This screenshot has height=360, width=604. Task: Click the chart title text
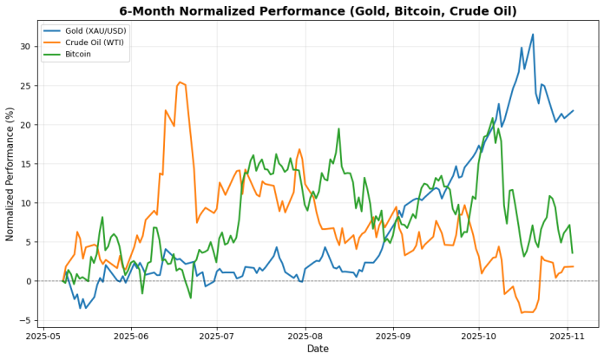(318, 11)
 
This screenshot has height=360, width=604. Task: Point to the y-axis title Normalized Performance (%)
(10, 173)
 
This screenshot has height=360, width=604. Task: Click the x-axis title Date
(318, 349)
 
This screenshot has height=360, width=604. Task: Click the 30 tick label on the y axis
(25, 46)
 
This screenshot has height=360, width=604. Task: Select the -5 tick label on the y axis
(25, 320)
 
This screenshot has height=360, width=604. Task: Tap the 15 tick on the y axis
(25, 164)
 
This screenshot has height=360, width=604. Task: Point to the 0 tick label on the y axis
(28, 281)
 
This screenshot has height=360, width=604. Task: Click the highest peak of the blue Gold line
(533, 35)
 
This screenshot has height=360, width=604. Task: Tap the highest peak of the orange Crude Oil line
(180, 82)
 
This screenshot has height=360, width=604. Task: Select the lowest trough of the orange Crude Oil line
(522, 312)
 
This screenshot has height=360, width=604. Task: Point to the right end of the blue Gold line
(573, 110)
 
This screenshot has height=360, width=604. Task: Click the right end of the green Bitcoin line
(573, 253)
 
